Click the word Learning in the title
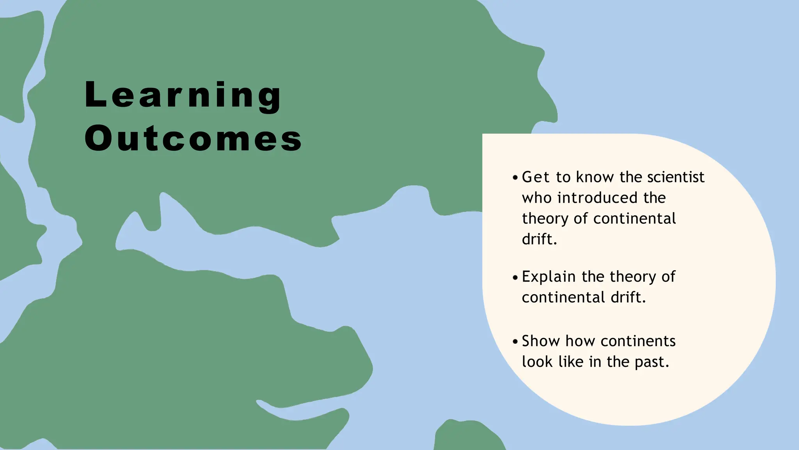(182, 95)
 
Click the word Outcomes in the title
(193, 138)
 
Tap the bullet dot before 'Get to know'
(515, 178)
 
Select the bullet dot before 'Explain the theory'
(515, 277)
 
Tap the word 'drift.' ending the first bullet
(540, 239)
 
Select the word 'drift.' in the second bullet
(628, 298)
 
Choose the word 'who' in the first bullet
(537, 198)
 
